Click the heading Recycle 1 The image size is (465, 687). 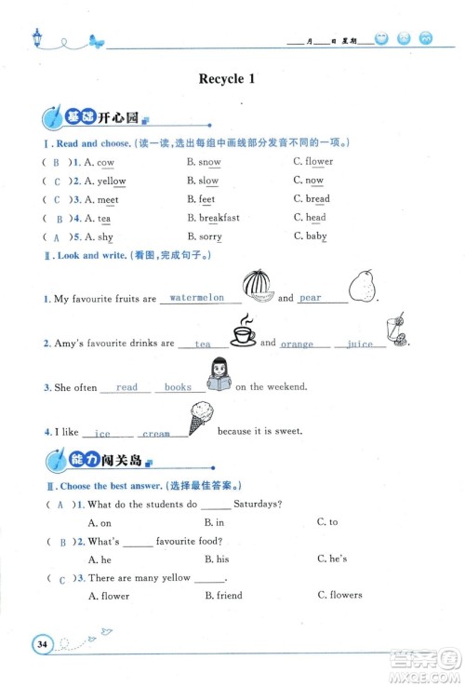[227, 79]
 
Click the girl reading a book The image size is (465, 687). [219, 376]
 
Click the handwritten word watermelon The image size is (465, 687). [199, 299]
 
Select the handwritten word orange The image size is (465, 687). [297, 344]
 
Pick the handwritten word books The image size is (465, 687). [178, 387]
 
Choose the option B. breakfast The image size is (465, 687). [213, 218]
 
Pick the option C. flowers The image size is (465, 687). [339, 596]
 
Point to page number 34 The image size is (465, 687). [41, 644]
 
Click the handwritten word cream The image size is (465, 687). [155, 434]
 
